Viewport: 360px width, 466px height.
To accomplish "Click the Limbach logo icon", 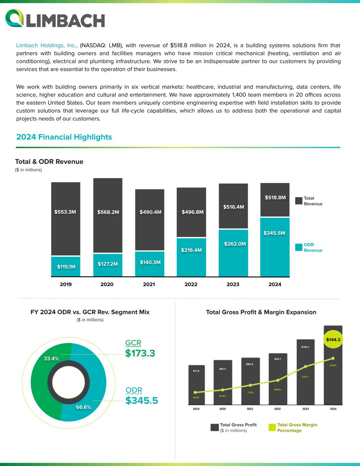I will pyautogui.click(x=14, y=18).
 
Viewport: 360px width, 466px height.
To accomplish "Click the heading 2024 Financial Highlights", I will pyautogui.click(x=64, y=137).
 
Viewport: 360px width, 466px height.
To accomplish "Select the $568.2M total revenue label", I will pyautogui.click(x=108, y=212).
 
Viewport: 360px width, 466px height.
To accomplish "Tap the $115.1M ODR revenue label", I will pyautogui.click(x=66, y=267).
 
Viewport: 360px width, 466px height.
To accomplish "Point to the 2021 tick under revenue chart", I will pyautogui.click(x=149, y=284).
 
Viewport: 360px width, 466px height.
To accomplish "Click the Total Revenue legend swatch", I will pyautogui.click(x=299, y=201).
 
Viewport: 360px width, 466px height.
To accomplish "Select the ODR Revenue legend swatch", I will pyautogui.click(x=299, y=247).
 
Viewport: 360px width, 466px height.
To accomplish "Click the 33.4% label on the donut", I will pyautogui.click(x=52, y=358).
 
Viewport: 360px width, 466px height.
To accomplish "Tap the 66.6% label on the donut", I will pyautogui.click(x=83, y=407).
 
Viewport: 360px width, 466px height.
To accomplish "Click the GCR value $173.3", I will pyautogui.click(x=140, y=353).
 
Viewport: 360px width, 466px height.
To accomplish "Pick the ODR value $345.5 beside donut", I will pyautogui.click(x=142, y=400).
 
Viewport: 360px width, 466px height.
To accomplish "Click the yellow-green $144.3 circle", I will pyautogui.click(x=333, y=340).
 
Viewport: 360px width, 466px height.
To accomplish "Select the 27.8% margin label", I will pyautogui.click(x=333, y=366).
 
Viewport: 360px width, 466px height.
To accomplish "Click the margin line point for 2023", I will pyautogui.click(x=305, y=367).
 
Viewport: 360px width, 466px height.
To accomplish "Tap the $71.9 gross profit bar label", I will pyautogui.click(x=196, y=371).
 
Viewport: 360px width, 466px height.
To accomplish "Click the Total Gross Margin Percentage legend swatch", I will pyautogui.click(x=272, y=427).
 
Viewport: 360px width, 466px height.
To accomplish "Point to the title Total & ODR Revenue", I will pyautogui.click(x=49, y=161).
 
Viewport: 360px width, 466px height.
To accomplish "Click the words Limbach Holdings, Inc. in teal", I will pyautogui.click(x=47, y=45).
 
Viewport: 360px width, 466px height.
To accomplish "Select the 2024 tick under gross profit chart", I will pyautogui.click(x=333, y=409).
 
